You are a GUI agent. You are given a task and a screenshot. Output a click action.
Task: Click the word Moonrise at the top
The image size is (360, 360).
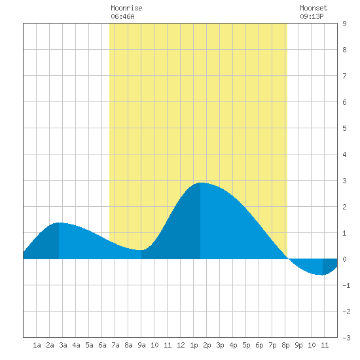(126, 8)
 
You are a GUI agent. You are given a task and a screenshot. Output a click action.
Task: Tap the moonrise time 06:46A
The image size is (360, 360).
(122, 16)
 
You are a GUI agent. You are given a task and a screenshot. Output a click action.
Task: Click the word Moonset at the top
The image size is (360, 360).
(314, 8)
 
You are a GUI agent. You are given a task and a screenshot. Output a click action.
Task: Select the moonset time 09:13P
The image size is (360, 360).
(312, 16)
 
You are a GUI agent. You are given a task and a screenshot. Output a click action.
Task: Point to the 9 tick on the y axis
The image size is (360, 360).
(344, 24)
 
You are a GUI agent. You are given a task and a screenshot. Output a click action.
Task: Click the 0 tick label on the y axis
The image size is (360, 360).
(344, 259)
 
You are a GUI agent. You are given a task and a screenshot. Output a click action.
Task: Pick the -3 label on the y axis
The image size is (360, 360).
(346, 338)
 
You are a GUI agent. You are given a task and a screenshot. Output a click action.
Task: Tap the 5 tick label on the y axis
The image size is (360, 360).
(344, 128)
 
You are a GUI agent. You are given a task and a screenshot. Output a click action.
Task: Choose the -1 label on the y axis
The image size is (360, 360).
(346, 285)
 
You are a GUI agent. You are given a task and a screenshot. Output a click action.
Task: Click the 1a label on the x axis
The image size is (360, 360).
(37, 345)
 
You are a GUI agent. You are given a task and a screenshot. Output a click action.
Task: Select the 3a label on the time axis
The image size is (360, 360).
(63, 345)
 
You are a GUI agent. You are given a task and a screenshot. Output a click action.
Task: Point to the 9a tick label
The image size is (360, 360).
(141, 345)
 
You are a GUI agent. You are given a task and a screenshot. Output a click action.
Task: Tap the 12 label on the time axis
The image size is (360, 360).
(181, 345)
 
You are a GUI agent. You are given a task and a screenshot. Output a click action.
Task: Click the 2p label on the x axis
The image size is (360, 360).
(207, 345)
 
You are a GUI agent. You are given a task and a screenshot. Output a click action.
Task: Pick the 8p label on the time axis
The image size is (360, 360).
(285, 345)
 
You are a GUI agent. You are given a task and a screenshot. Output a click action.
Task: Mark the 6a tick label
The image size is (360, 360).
(102, 345)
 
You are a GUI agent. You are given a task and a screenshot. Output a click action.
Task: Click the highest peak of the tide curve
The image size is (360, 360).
(200, 183)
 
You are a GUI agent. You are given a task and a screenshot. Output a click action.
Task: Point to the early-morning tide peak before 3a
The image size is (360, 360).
(59, 223)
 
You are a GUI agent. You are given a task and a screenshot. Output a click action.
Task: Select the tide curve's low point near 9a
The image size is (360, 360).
(141, 250)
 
